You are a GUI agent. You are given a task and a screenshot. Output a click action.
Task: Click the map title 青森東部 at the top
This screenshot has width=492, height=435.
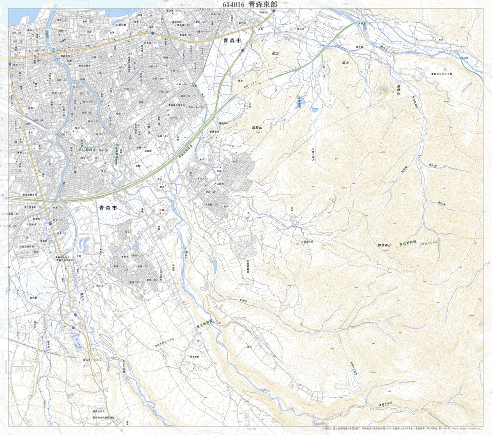(x=263, y=5)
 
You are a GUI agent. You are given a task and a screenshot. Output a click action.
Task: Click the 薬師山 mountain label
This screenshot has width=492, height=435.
(x=398, y=90)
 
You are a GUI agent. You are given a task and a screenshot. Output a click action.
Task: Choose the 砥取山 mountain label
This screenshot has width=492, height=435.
(x=257, y=128)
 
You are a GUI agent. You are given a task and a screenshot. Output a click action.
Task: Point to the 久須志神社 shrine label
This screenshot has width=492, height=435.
(x=307, y=242)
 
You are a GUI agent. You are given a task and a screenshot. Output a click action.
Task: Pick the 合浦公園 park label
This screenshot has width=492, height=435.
(x=123, y=25)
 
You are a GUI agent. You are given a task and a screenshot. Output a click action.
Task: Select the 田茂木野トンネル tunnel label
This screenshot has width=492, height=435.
(x=165, y=344)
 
